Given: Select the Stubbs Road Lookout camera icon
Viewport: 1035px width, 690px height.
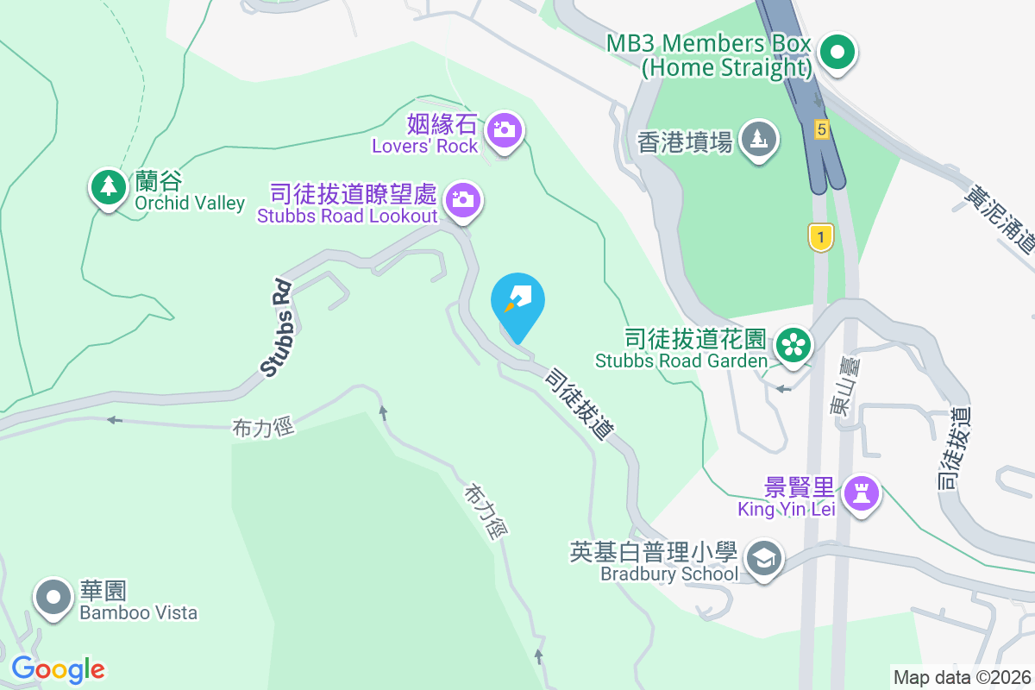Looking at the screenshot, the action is pos(464,200).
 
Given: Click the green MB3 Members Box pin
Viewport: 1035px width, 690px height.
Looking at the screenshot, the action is pos(836,53).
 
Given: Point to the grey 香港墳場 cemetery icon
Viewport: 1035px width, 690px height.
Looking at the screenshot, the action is pos(759,138).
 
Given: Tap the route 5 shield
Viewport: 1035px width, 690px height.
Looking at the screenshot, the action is pos(821,129).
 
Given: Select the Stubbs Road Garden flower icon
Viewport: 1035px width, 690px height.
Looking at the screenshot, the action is pos(792,345).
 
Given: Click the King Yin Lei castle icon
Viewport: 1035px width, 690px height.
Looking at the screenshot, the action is pos(861,493).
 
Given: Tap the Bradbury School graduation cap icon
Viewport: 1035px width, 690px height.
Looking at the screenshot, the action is pos(762,559).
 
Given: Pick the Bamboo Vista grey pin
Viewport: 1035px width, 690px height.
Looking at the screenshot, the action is pos(54,597).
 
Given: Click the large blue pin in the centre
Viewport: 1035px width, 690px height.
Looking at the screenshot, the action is pos(517,304).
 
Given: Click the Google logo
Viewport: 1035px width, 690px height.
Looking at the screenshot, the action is pos(58,669).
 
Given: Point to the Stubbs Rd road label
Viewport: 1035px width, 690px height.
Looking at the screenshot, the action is pos(279,329).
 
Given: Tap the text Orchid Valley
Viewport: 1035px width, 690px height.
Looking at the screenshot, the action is pos(190,204).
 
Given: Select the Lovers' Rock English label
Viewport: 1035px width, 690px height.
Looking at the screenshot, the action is pos(424,147).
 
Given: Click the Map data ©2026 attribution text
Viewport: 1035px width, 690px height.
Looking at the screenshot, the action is pos(961,678).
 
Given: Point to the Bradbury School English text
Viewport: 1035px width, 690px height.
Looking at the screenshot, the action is pos(669,574).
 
